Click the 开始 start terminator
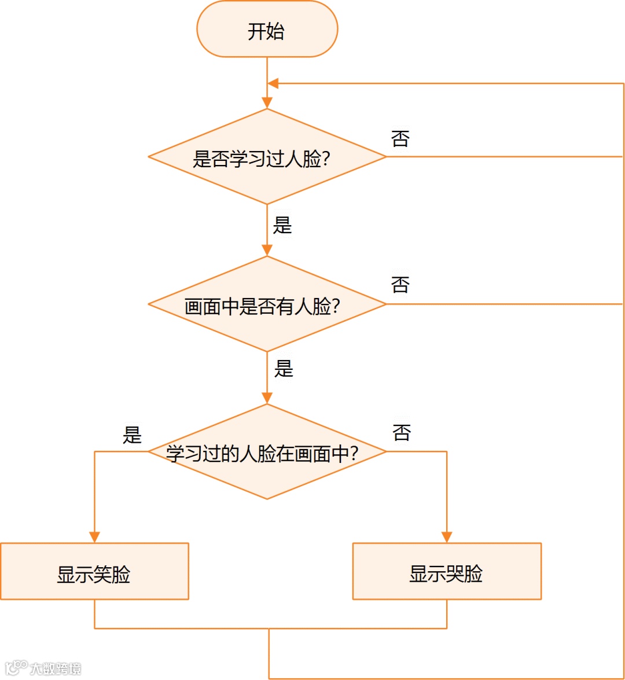267,30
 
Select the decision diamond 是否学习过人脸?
267,157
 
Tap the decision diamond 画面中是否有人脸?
267,304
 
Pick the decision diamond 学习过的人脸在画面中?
267,452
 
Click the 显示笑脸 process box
94,572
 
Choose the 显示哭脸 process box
446,572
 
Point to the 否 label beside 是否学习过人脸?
400,139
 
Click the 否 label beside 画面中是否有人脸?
400,285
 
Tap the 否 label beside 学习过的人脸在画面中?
402,432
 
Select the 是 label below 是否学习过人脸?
282,225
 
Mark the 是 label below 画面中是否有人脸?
284,369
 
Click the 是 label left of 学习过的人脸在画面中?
132,435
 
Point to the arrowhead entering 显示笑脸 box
94,537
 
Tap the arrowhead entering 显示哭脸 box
447,537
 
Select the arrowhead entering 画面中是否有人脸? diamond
267,250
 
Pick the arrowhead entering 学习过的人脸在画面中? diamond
267,398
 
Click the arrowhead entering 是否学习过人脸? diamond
267,103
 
